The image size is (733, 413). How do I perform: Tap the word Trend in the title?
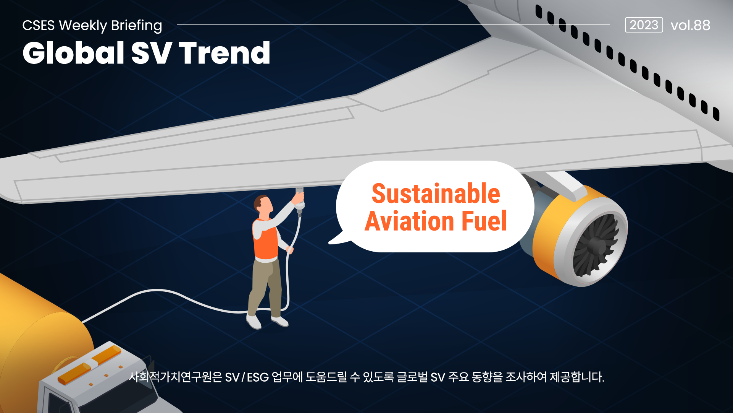[225, 53]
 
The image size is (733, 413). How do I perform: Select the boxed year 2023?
[644, 25]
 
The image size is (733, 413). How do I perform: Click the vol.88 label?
[690, 25]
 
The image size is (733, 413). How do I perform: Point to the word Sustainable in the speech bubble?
[436, 193]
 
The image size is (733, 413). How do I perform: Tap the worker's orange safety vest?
[265, 239]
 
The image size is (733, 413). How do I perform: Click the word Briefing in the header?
[137, 26]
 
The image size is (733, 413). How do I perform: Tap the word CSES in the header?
[39, 26]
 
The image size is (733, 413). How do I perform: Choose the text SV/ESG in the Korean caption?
[247, 377]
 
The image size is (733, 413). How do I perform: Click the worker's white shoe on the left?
[253, 322]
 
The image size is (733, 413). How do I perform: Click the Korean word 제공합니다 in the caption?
[577, 377]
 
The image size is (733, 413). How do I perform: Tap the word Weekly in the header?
[83, 26]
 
